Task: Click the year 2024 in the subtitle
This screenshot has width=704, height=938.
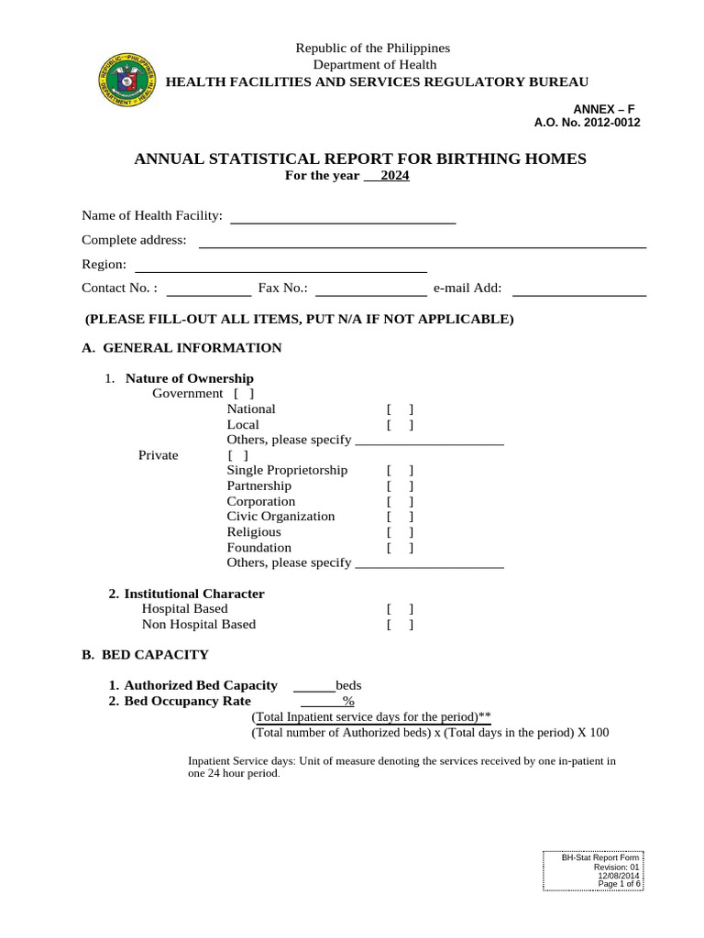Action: pyautogui.click(x=395, y=176)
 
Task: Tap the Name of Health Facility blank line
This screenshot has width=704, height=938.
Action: pyautogui.click(x=342, y=221)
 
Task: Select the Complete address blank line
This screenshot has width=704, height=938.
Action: pyautogui.click(x=423, y=245)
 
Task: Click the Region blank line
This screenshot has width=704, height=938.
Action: pyautogui.click(x=281, y=270)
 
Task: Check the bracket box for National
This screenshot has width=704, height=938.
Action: pyautogui.click(x=400, y=409)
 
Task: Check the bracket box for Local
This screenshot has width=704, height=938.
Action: pyautogui.click(x=400, y=425)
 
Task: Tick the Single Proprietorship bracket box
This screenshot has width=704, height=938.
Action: pyautogui.click(x=400, y=471)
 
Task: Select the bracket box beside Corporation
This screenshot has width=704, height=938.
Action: pyautogui.click(x=400, y=502)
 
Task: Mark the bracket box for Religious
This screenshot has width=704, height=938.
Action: pyautogui.click(x=400, y=532)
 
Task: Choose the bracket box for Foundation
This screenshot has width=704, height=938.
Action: pyautogui.click(x=400, y=548)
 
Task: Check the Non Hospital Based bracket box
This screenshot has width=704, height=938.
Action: pyautogui.click(x=400, y=625)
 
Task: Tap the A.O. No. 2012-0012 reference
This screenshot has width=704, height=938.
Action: pyautogui.click(x=588, y=123)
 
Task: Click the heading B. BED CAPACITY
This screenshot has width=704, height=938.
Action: pyautogui.click(x=145, y=655)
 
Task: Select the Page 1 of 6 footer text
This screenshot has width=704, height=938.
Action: pyautogui.click(x=619, y=883)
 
